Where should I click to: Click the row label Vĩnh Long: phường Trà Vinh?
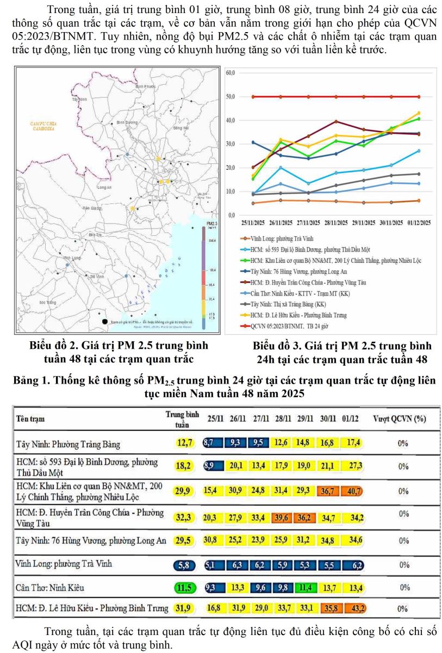coord(64,564)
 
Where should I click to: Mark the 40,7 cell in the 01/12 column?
coord(354,491)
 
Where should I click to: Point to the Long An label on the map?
coord(104,187)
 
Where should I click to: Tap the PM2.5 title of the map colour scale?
coord(212,224)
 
